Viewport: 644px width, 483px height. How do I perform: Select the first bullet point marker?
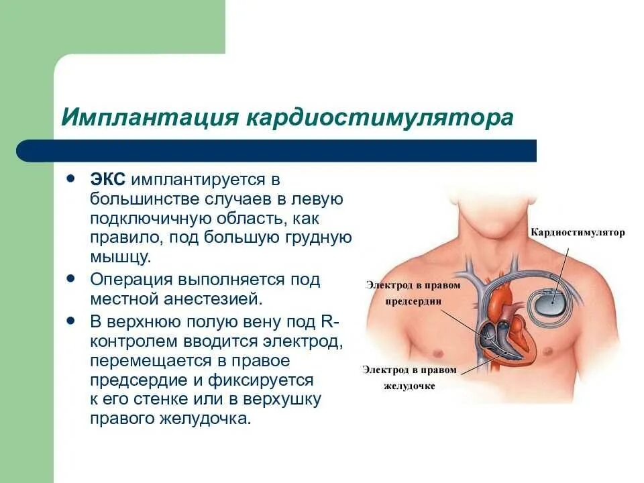pyautogui.click(x=70, y=179)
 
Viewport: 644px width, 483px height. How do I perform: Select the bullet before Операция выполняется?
pyautogui.click(x=70, y=276)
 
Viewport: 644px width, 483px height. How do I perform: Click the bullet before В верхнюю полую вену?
pyautogui.click(x=70, y=321)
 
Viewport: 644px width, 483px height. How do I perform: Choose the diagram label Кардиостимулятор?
pyautogui.click(x=578, y=233)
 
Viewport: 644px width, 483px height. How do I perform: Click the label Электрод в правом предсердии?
pyautogui.click(x=413, y=293)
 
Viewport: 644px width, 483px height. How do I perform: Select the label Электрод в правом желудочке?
pyautogui.click(x=409, y=378)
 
